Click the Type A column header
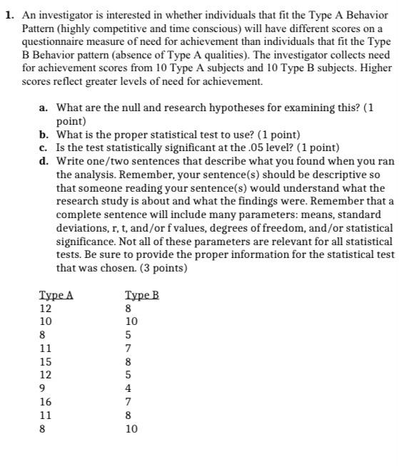pos(56,296)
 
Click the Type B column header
pos(141,296)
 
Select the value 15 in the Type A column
pos(46,362)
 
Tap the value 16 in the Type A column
pos(46,402)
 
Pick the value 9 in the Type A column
pos(43,388)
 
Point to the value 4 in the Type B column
pos(128,388)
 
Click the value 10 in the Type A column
pos(46,322)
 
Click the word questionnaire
pos(49,41)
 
